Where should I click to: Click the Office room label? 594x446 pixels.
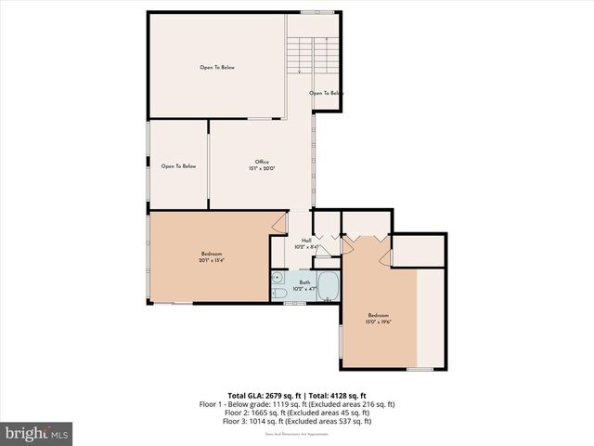[x=262, y=162]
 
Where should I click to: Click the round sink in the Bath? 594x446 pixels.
[x=278, y=277]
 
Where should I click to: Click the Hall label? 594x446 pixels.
[x=305, y=241]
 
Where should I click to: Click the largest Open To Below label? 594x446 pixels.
[x=216, y=67]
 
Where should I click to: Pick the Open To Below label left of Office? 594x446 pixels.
[x=178, y=166]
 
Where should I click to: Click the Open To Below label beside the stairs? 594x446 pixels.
[x=326, y=93]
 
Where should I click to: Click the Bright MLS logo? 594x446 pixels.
[x=37, y=433]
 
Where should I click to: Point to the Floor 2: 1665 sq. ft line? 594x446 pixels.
[x=296, y=413]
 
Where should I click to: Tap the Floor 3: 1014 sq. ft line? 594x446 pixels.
[x=296, y=421]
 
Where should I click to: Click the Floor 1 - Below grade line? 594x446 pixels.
[x=296, y=404]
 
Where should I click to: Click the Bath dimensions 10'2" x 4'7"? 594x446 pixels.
[x=305, y=289]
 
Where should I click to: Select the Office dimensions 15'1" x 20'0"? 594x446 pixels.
[x=262, y=168]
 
